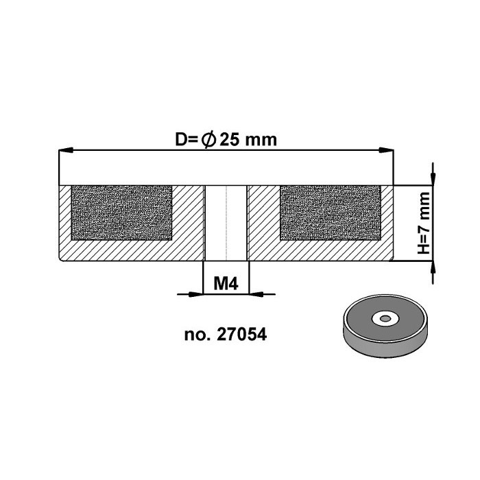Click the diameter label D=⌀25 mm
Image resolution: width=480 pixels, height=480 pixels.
tap(226, 139)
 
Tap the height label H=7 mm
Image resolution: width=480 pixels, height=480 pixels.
tap(424, 224)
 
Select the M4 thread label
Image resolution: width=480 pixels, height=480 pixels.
tap(226, 283)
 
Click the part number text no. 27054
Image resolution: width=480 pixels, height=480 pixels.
tap(226, 335)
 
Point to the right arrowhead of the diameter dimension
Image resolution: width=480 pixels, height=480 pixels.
tap(388, 150)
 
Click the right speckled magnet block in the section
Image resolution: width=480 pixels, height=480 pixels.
tap(331, 212)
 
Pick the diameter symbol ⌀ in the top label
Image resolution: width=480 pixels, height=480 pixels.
tap(208, 139)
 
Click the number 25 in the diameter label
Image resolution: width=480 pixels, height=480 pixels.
tap(230, 139)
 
